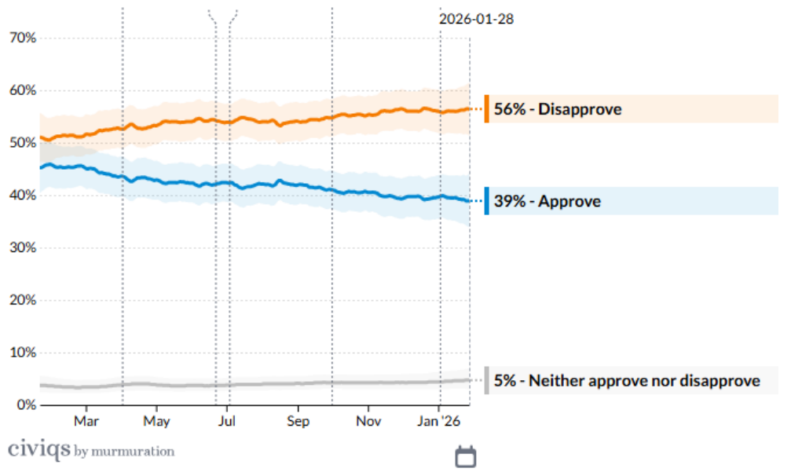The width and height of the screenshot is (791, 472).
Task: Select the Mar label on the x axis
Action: [86, 421]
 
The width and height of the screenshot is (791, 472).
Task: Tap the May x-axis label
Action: [156, 421]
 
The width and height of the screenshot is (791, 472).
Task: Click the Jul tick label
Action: [227, 421]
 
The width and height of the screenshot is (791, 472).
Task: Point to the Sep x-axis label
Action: [298, 421]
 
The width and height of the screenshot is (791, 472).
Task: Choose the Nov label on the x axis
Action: [368, 421]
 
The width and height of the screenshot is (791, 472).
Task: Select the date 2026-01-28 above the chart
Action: [476, 19]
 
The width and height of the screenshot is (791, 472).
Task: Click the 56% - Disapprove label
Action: [558, 109]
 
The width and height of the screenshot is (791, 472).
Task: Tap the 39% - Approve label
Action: [547, 201]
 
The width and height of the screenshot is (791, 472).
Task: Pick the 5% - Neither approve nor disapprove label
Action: [627, 381]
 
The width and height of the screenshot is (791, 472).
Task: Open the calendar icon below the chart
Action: [467, 456]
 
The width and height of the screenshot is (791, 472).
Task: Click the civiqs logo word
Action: [38, 450]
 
